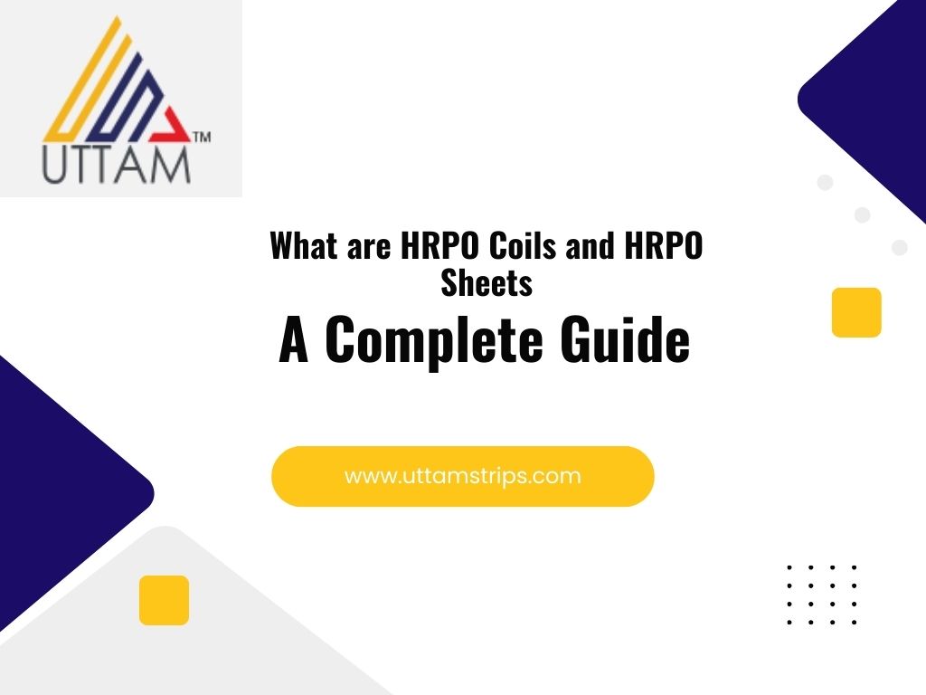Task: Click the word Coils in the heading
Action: pos(523,245)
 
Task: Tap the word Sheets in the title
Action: pos(487,282)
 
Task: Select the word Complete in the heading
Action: pos(433,340)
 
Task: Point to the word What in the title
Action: pos(304,245)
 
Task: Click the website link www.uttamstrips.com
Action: pos(463,476)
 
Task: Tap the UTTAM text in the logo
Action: pos(117,165)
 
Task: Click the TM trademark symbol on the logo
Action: pos(202,138)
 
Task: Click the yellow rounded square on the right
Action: pos(856,312)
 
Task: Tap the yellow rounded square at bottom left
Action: pos(165,600)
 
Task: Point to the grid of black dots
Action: pos(821,595)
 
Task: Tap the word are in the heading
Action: pos(369,249)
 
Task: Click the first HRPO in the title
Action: pos(439,245)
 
